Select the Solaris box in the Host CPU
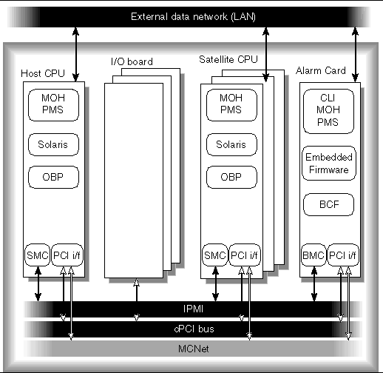click(52, 144)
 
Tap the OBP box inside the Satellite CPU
click(228, 178)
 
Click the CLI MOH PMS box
click(329, 111)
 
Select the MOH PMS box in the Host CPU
click(52, 105)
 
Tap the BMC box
click(313, 255)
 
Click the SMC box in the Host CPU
click(37, 255)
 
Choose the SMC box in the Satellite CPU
click(214, 255)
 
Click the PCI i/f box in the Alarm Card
click(342, 255)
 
